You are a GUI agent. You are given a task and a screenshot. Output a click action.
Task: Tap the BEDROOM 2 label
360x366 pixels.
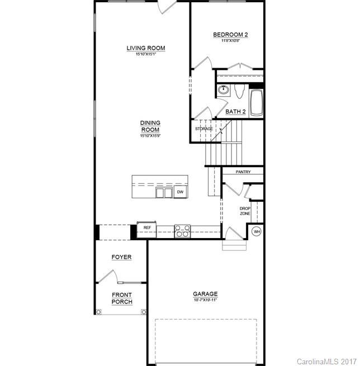[230, 35]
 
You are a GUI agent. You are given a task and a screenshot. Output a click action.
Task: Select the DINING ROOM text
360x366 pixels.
[150, 126]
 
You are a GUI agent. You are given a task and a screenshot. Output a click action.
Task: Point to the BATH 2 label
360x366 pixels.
[235, 111]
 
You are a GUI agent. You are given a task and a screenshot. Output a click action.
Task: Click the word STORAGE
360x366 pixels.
[204, 129]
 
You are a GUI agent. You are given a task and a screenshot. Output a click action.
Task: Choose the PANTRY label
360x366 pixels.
[243, 172]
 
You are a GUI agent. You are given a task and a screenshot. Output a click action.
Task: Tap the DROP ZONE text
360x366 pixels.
[245, 211]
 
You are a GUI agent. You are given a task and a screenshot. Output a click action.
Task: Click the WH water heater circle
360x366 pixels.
[257, 231]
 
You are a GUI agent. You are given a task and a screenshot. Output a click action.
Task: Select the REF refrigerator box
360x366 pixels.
[147, 228]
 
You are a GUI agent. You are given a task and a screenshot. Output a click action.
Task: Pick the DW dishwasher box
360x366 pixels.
[180, 192]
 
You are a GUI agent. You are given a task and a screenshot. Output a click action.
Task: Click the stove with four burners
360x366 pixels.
[182, 230]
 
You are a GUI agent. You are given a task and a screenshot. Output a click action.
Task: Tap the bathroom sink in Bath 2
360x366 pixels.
[224, 90]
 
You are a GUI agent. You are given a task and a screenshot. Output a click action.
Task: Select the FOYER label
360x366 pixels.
[121, 257]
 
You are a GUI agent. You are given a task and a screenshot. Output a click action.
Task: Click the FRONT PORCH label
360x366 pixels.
[122, 298]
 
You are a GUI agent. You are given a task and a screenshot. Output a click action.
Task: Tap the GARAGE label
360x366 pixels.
[205, 294]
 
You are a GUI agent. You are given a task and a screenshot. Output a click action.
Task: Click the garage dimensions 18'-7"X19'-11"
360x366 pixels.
[205, 300]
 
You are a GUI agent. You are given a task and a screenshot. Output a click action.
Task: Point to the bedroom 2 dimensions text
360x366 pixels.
[230, 41]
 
